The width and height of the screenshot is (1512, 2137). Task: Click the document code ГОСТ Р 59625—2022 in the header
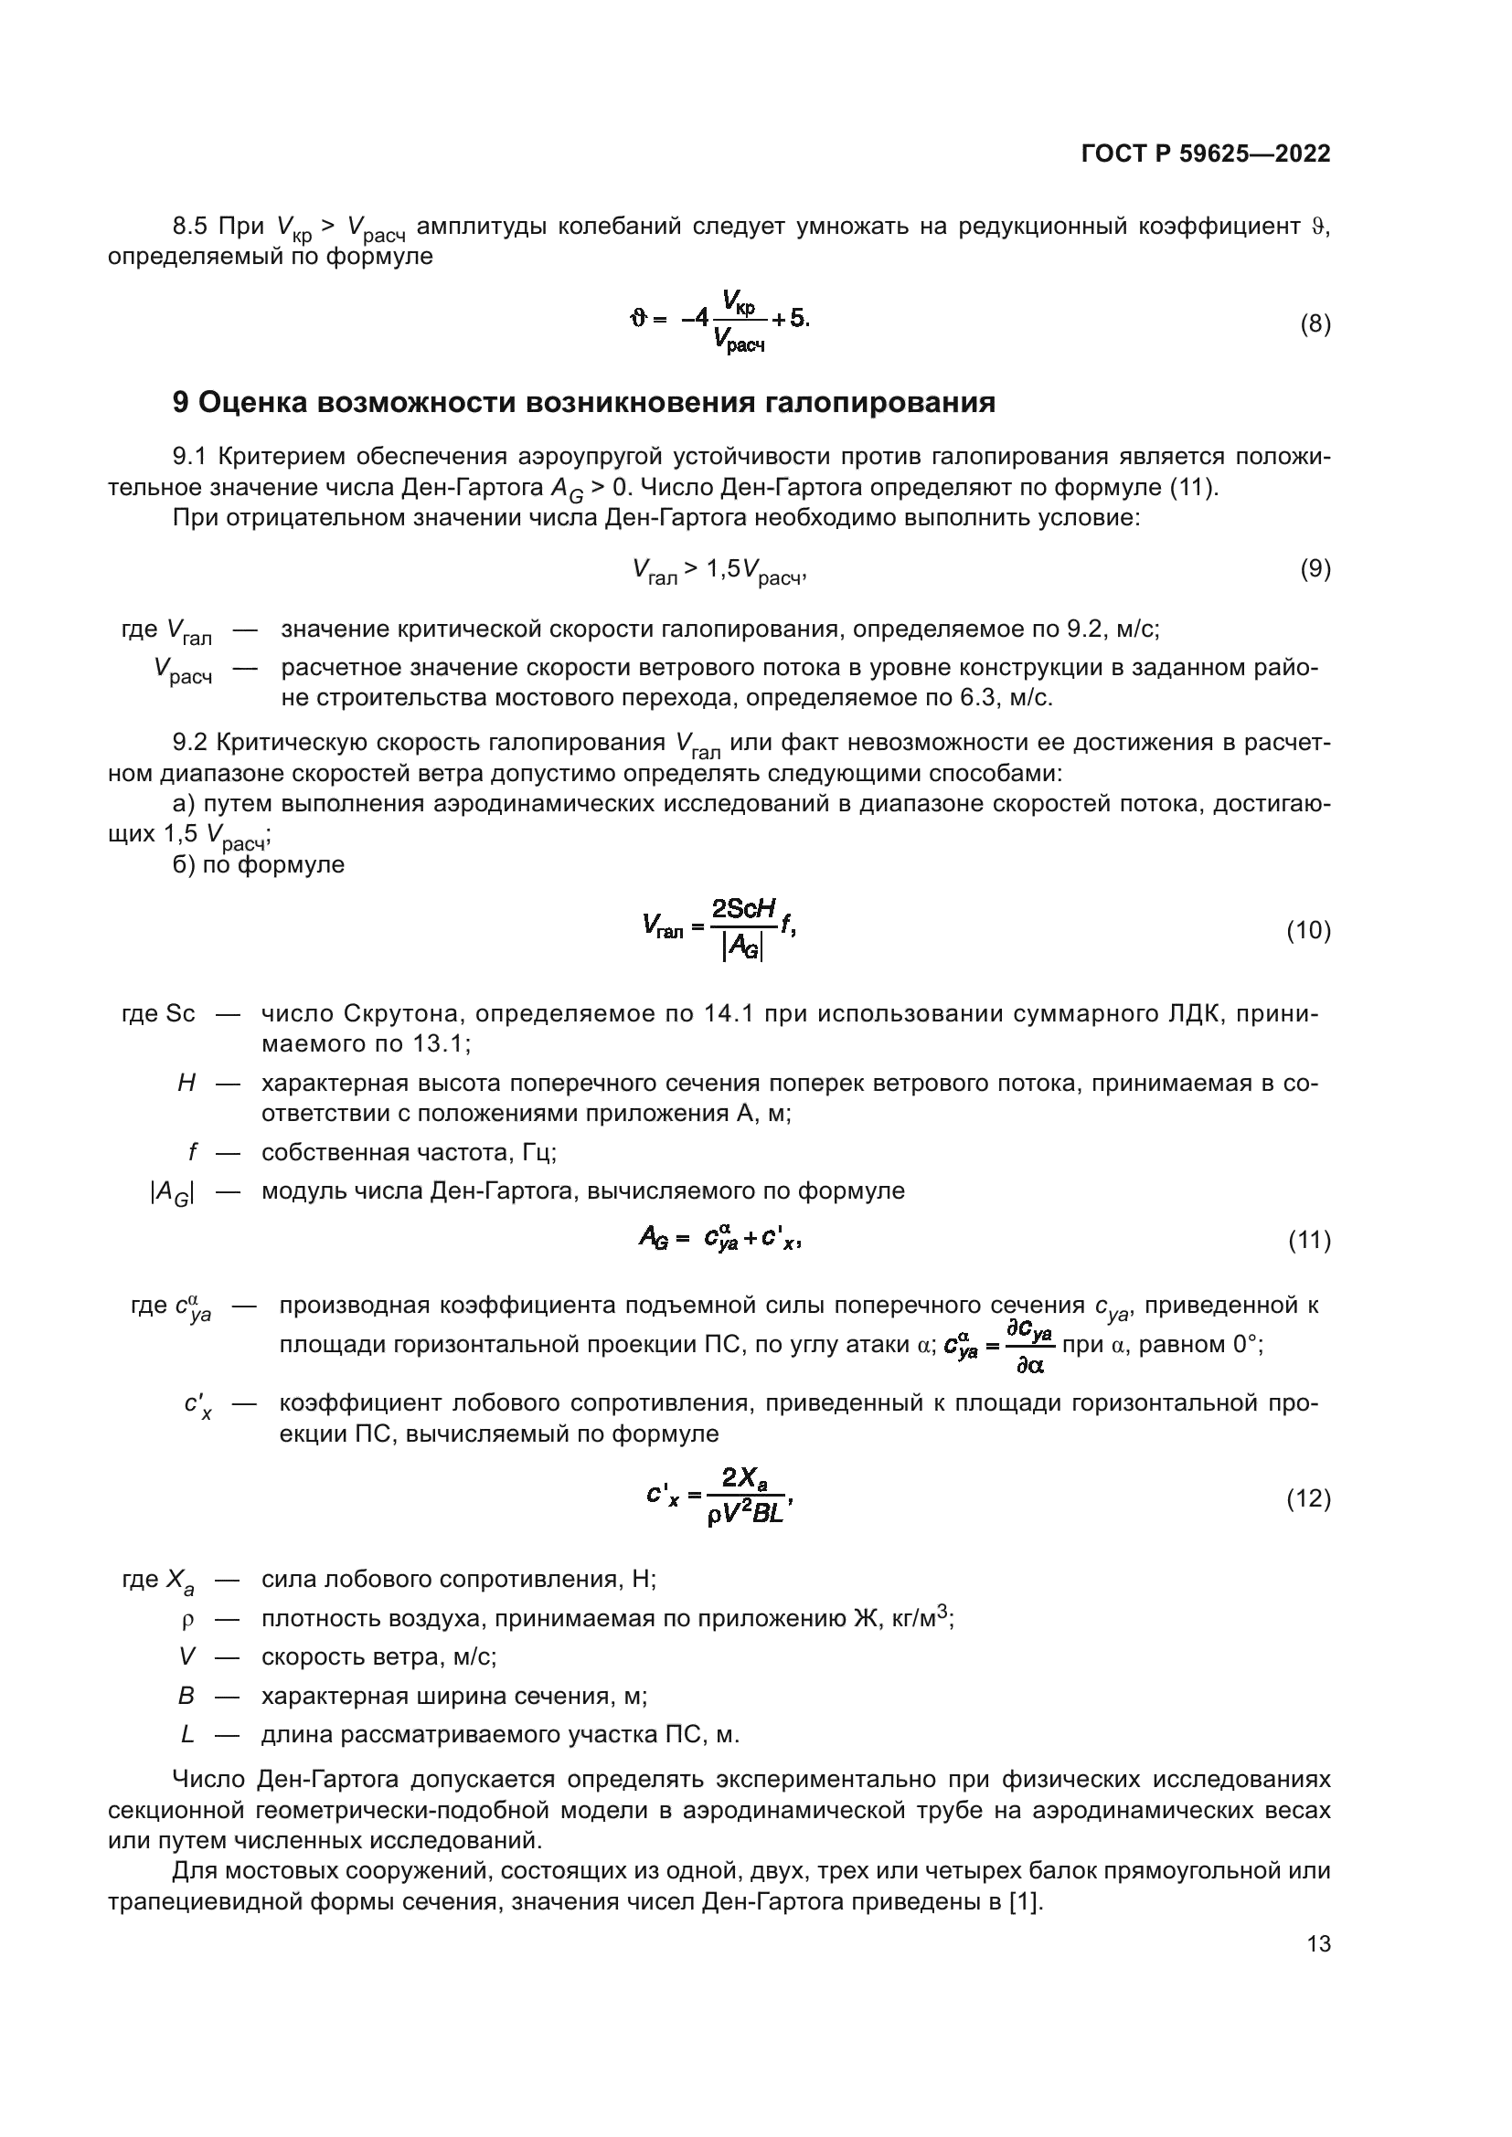pos(1206,154)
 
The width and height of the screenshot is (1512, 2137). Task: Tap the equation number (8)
pos(1315,324)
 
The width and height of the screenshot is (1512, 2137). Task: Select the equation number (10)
pos(1308,930)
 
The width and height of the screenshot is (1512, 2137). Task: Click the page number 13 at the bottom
pos(1318,1943)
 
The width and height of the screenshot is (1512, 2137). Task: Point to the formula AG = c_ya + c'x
pos(719,1238)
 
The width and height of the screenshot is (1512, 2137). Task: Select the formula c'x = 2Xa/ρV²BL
pos(719,1497)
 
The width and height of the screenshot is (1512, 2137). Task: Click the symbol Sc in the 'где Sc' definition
pos(180,1013)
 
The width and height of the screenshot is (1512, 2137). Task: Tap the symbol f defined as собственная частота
pos(192,1152)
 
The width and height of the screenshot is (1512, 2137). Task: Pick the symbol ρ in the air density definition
pos(187,1621)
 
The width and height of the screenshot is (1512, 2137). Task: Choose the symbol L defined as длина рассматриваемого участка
pos(187,1735)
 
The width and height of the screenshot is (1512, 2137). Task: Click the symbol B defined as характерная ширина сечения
pos(186,1696)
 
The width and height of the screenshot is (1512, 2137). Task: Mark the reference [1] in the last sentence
pos(1025,1901)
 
